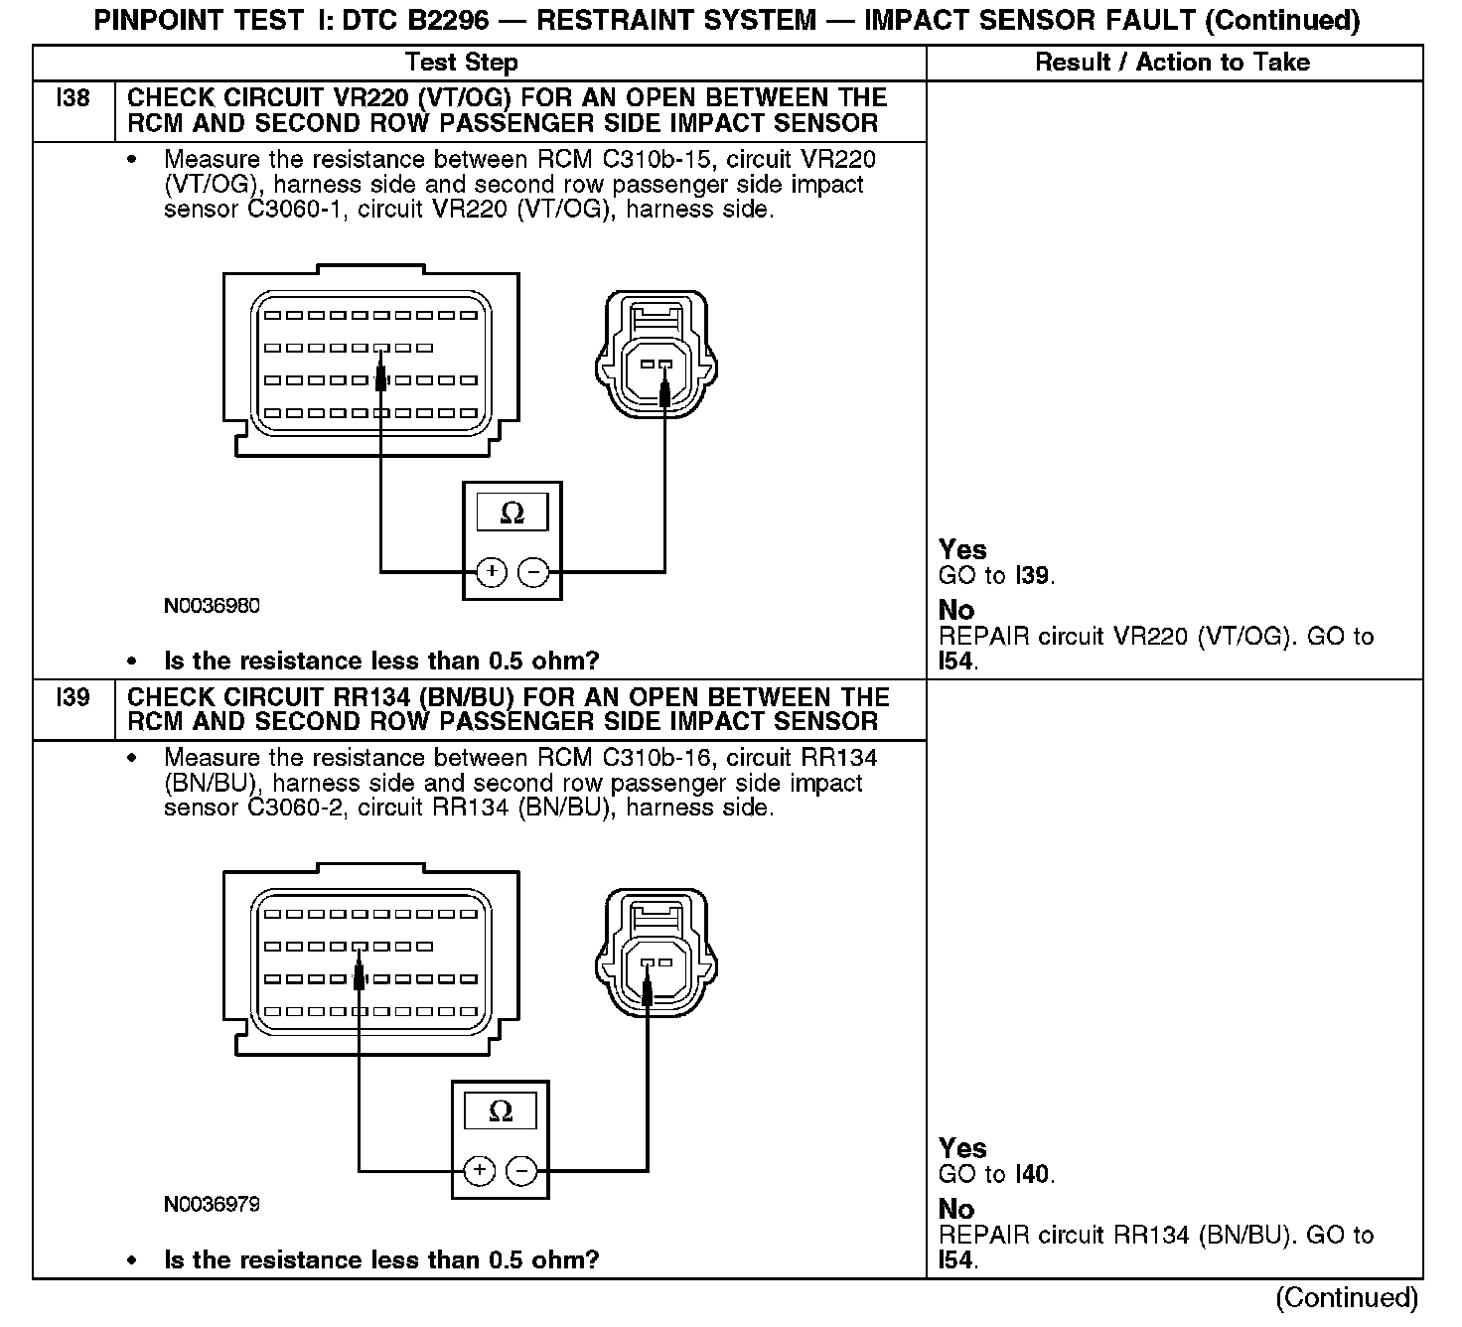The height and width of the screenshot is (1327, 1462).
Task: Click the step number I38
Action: [x=73, y=98]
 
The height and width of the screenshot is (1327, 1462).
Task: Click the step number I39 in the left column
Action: [x=73, y=697]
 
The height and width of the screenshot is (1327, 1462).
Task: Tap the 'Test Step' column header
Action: [x=461, y=63]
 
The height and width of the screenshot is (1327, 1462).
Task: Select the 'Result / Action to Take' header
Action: [x=1173, y=63]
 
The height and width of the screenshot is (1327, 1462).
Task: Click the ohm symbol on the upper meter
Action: [x=512, y=513]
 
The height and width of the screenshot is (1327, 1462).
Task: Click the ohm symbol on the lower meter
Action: [x=501, y=1111]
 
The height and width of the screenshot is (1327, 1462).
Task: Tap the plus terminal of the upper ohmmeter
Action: [x=492, y=572]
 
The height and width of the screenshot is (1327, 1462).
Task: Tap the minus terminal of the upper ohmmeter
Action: [x=534, y=572]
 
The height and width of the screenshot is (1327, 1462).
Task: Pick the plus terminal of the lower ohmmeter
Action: [x=480, y=1171]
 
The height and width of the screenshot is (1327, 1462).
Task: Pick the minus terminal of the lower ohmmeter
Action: [x=522, y=1171]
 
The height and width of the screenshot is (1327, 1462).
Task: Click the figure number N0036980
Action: [x=212, y=606]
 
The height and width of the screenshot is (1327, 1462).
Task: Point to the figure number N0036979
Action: [x=212, y=1205]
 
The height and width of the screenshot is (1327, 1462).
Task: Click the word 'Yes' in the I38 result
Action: [x=962, y=549]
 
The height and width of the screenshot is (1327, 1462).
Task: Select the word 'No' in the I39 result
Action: [x=956, y=1209]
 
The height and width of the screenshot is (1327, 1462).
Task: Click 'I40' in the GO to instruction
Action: [x=1034, y=1175]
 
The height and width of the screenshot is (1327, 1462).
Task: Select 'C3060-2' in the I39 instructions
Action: [x=297, y=809]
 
